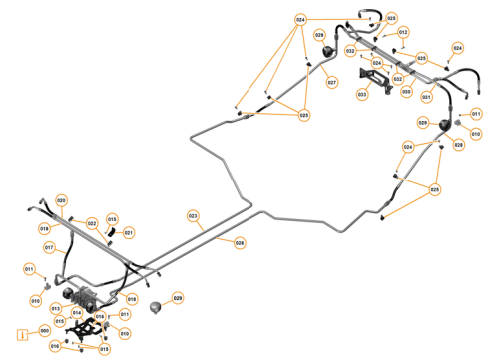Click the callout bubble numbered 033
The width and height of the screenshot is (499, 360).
coord(361,95)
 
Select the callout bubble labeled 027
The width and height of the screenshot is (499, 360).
coord(332,82)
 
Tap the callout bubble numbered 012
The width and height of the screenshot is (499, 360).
coord(403,33)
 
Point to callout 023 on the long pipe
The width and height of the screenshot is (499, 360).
coord(194,215)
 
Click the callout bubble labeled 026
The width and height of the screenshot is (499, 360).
coord(240,242)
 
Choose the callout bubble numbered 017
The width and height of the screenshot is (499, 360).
coord(48,247)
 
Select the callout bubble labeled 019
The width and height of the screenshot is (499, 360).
coord(45,228)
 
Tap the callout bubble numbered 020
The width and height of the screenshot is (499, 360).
coord(61,200)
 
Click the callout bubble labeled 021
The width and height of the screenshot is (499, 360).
coord(128,232)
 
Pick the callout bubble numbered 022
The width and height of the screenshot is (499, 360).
coord(92,223)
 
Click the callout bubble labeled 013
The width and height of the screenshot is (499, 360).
coord(56,309)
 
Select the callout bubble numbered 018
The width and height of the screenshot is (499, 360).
coord(132,299)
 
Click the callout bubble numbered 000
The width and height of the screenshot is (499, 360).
coord(44,332)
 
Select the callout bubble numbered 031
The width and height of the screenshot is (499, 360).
coord(426,97)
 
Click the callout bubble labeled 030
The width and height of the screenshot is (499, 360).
coord(406,92)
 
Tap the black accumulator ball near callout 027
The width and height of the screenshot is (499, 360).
coord(321,55)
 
